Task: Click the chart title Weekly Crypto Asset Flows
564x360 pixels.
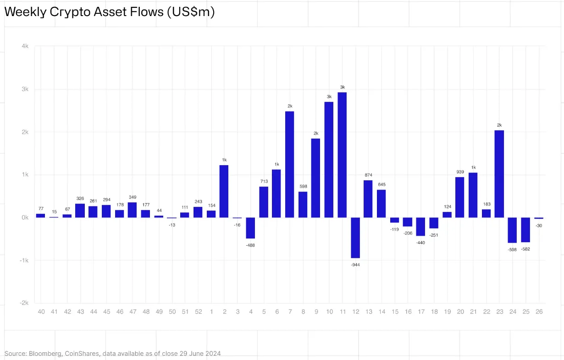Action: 109,12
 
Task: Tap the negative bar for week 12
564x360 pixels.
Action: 355,238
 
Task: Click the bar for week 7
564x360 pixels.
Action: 289,164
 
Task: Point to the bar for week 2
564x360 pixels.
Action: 224,191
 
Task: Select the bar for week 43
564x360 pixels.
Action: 80,210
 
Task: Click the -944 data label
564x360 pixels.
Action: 355,265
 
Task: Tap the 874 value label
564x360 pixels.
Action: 368,175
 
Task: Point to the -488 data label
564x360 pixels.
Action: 250,245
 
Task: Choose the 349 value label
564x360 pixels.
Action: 133,197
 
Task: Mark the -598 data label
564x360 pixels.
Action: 512,249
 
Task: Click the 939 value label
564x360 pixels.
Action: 460,172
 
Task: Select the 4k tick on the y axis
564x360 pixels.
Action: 25,46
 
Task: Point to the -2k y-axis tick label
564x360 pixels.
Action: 24,303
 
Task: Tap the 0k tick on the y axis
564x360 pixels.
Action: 25,217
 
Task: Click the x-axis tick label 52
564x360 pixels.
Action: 198,312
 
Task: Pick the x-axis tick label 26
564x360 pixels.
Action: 539,312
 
